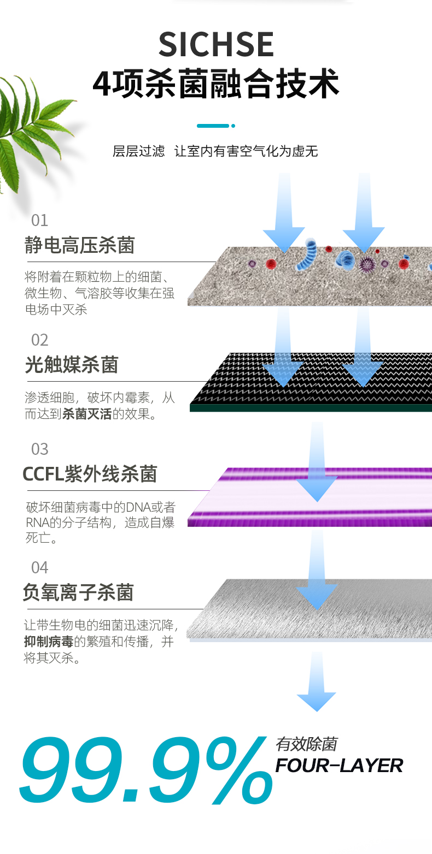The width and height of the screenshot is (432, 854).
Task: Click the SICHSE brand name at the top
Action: point(216,44)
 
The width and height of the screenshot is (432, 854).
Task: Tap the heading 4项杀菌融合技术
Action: point(216,84)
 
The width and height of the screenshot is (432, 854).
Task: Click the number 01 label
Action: point(40,221)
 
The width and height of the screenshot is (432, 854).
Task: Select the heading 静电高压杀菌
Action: point(79,245)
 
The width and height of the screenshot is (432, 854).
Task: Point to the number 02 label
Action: point(40,340)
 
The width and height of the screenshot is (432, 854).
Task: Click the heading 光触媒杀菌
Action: point(72,364)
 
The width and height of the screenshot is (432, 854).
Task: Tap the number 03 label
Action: point(40,449)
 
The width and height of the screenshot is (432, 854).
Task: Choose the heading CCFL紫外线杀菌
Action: point(90,474)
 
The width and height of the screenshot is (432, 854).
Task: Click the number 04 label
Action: point(40,568)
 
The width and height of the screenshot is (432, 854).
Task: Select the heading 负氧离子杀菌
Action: point(78,592)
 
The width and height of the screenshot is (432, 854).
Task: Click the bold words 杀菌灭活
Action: point(87,414)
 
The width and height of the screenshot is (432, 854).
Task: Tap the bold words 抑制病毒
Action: point(49,642)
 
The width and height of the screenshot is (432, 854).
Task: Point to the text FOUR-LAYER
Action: point(339,766)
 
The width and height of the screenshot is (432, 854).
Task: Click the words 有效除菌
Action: point(306,744)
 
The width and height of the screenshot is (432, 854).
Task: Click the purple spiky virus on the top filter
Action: point(367,264)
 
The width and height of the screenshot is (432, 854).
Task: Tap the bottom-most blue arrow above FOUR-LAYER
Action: point(317,681)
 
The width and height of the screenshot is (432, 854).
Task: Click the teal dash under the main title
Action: point(216,126)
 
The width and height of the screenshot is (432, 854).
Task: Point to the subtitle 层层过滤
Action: point(138,151)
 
